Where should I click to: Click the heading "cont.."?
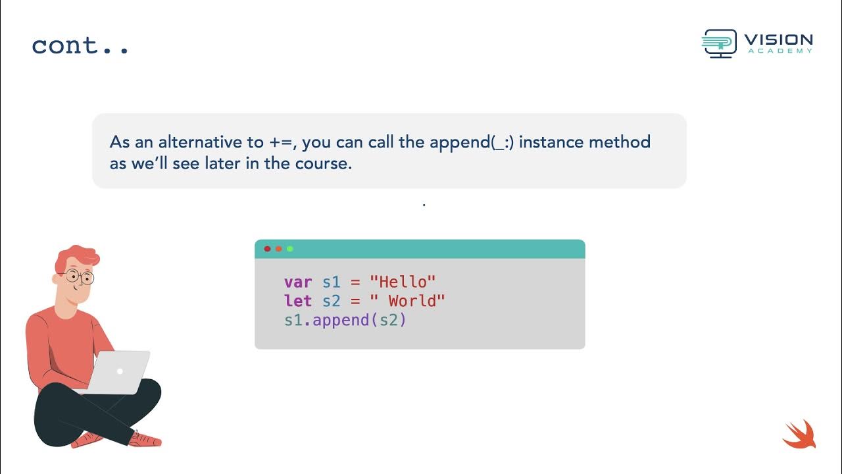[x=80, y=45]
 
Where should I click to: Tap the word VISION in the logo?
[x=779, y=41]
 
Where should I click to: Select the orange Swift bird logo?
[x=799, y=434]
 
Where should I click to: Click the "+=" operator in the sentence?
[x=276, y=142]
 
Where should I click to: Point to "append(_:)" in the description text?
[x=472, y=142]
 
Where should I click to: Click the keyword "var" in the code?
[x=298, y=282]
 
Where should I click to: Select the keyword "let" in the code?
[x=298, y=302]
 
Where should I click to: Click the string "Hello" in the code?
[x=403, y=282]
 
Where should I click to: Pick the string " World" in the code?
[x=407, y=302]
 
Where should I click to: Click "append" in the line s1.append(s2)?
[x=341, y=321]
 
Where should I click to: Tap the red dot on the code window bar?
[x=267, y=249]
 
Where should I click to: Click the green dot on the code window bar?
[x=290, y=249]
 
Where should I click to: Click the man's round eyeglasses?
[x=80, y=277]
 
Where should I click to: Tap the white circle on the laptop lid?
[x=120, y=371]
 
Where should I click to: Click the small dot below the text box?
[x=424, y=205]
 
